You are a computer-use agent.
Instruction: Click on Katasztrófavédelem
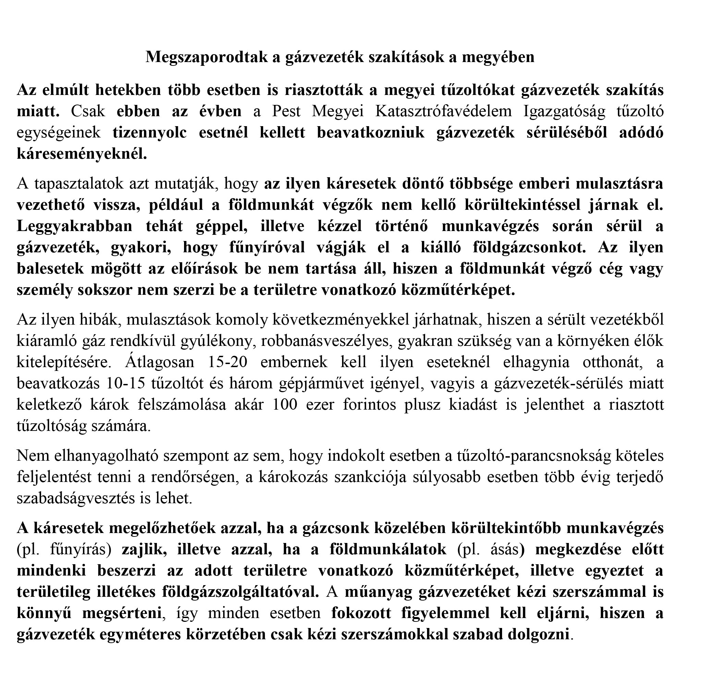443,111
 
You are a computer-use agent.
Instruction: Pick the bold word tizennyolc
149,132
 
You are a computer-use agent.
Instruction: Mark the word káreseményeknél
82,154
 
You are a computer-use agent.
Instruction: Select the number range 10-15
124,384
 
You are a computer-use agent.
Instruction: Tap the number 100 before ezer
284,405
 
